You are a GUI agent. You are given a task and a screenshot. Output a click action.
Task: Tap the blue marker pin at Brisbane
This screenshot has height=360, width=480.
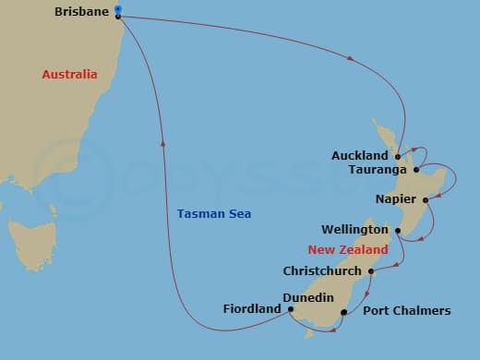pyautogui.click(x=117, y=10)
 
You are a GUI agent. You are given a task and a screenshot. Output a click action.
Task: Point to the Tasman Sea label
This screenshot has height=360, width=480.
pyautogui.click(x=214, y=214)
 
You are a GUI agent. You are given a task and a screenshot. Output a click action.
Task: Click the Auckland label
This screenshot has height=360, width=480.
pyautogui.click(x=360, y=155)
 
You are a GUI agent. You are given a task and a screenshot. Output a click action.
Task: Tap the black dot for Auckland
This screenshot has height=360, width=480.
pyautogui.click(x=397, y=156)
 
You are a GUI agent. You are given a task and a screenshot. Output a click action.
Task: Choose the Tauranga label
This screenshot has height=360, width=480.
pyautogui.click(x=379, y=170)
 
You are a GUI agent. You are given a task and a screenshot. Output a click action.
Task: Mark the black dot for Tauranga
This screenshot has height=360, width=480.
pyautogui.click(x=416, y=170)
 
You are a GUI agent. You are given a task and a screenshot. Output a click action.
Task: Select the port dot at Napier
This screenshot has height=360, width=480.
pyautogui.click(x=425, y=199)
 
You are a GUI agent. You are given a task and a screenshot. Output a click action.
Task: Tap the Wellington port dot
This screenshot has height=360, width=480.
pyautogui.click(x=397, y=230)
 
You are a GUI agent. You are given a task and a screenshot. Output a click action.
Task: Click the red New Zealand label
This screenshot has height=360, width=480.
pyautogui.click(x=348, y=249)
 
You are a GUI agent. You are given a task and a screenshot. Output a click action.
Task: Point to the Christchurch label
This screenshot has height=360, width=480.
pyautogui.click(x=323, y=271)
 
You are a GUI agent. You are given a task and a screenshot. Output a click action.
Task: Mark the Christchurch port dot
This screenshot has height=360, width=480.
pyautogui.click(x=371, y=271)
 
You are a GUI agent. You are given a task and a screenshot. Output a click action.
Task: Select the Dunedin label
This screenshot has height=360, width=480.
pyautogui.click(x=307, y=298)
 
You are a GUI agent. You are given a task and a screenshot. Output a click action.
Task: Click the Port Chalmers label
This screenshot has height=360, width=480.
pyautogui.click(x=407, y=311)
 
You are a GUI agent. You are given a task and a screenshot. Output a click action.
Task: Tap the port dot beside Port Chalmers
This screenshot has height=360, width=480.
pyautogui.click(x=343, y=312)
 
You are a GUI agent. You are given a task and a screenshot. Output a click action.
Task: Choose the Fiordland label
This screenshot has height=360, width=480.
pyautogui.click(x=251, y=309)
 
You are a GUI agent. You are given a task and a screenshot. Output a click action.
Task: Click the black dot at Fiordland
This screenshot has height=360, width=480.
pyautogui.click(x=290, y=309)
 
